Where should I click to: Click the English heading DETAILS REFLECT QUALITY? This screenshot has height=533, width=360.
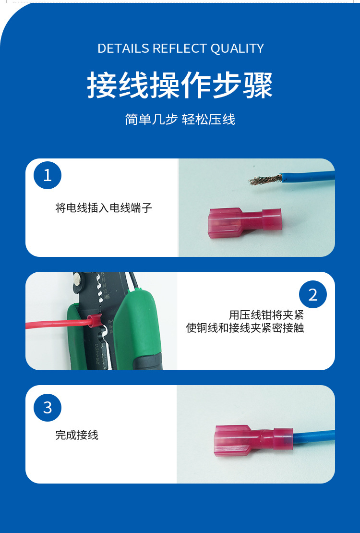(180, 48)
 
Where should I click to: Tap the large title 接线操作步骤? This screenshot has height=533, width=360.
(180, 85)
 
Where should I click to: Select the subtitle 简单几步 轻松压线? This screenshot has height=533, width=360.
(180, 120)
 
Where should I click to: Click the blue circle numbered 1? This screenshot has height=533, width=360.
(48, 175)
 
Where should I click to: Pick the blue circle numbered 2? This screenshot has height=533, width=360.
(313, 294)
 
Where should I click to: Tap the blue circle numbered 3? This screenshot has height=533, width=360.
(48, 408)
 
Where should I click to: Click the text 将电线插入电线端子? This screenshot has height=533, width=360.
(104, 208)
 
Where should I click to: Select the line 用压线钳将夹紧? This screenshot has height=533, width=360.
(266, 315)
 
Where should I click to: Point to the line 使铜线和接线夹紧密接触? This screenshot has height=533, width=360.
(245, 328)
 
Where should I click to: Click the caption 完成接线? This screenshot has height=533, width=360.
(77, 435)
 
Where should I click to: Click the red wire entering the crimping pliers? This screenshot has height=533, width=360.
(53, 323)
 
